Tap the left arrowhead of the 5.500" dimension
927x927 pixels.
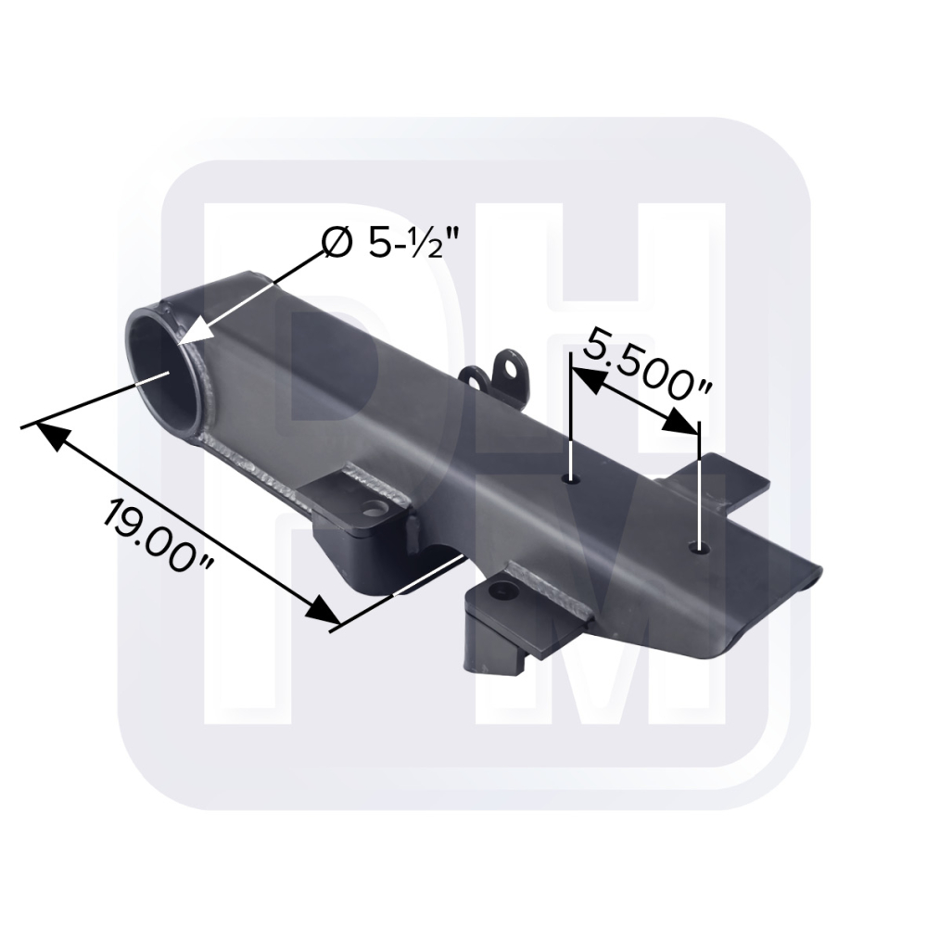pos(586,378)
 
